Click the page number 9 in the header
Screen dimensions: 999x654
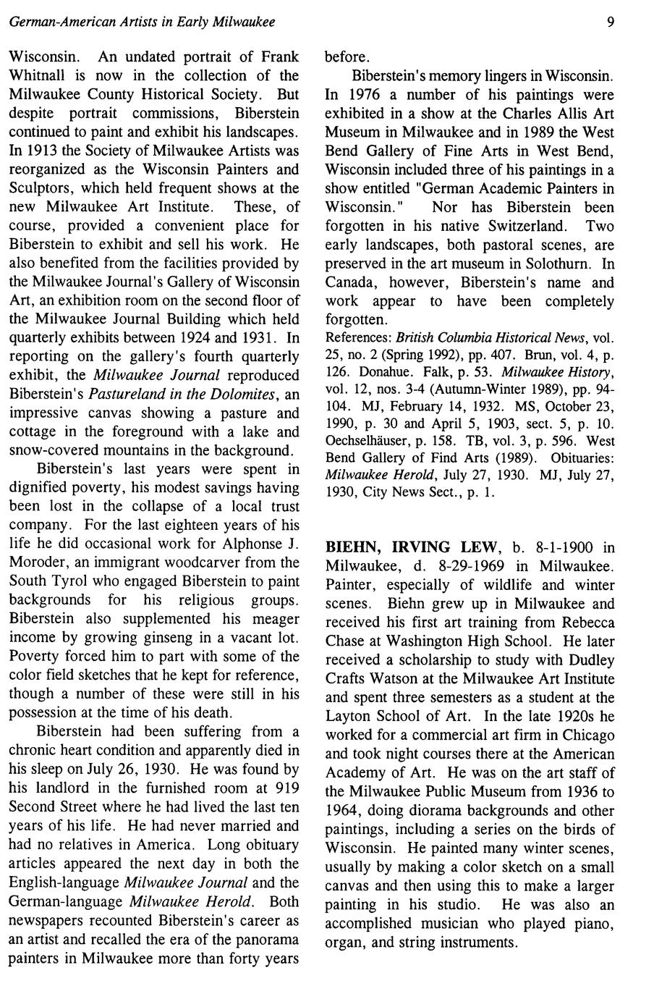[611, 22]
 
